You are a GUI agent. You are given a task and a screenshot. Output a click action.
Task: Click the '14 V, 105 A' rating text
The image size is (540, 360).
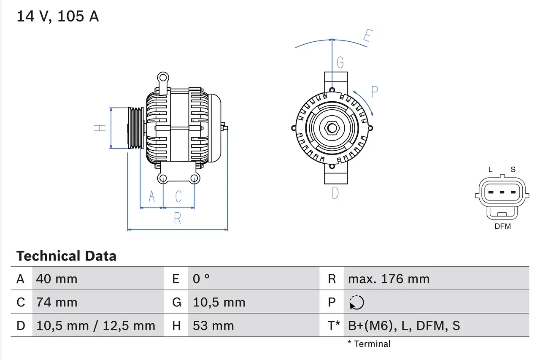[x=57, y=16]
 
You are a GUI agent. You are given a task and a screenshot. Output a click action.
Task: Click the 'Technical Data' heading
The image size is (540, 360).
[x=66, y=256]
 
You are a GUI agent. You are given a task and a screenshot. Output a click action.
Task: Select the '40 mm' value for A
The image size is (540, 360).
[x=57, y=279]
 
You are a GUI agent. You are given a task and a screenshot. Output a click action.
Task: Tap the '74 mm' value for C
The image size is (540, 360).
[x=57, y=302]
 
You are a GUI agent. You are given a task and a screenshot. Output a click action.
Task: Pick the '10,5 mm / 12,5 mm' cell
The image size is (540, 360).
[x=96, y=325]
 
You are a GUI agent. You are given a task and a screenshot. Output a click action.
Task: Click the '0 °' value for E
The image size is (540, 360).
[x=201, y=279]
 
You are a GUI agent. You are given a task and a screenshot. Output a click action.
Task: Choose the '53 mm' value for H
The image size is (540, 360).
[x=213, y=325]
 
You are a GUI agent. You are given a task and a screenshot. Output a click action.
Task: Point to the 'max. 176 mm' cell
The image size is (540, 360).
[x=389, y=279]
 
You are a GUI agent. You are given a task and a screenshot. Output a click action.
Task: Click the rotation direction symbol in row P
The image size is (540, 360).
[x=356, y=302]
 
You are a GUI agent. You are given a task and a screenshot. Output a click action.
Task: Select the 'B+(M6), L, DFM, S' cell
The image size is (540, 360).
[x=404, y=325]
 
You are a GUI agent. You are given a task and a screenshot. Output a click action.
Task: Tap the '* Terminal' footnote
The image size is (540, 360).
[x=369, y=344]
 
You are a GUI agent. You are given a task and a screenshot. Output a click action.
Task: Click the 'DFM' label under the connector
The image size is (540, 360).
[x=502, y=226]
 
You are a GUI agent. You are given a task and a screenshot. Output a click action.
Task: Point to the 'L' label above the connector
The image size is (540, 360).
[x=490, y=170]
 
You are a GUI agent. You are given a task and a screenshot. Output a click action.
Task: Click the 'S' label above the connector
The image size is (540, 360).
[x=513, y=170]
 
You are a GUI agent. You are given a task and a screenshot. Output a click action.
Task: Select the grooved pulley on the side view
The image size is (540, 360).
[x=136, y=128]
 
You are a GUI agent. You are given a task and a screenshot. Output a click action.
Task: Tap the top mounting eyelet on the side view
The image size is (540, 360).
[x=163, y=77]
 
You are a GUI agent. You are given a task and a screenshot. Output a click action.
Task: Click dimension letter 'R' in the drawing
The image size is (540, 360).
[x=178, y=219]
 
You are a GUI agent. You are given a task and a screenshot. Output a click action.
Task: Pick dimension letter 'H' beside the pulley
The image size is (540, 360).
[x=100, y=128]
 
